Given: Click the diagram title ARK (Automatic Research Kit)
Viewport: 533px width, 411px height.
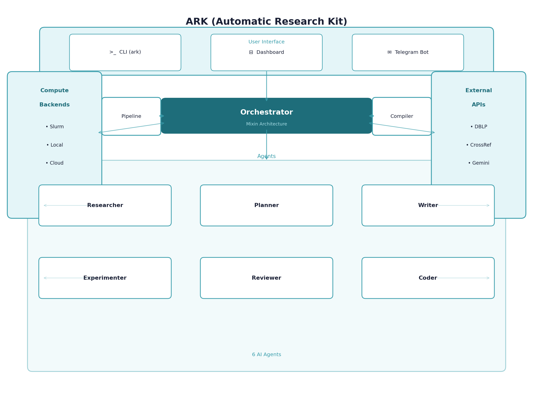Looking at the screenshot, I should [266, 22].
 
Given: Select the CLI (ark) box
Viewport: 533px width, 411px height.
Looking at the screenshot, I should [125, 52].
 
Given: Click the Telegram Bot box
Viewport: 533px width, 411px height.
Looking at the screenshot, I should [407, 52].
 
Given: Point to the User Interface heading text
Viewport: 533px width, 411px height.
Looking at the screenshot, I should [266, 42].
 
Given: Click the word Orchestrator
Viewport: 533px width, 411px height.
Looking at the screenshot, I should [266, 112].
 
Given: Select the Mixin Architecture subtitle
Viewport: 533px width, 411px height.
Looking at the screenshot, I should [266, 124].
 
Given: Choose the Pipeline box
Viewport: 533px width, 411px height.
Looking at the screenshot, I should [131, 116].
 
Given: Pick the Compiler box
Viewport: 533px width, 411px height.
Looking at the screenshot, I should [401, 116].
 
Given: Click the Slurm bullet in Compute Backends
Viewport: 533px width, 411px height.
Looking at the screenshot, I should [55, 127].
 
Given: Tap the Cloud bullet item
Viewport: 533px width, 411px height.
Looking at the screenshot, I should [55, 163].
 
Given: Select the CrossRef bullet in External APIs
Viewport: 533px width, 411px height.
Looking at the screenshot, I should [478, 145].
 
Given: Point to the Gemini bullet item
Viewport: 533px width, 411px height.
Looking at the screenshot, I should [478, 163].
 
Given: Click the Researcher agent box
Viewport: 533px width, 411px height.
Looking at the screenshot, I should [105, 205].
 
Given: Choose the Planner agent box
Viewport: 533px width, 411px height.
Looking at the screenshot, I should [266, 205].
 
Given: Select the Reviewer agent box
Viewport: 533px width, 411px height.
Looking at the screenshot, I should [266, 278].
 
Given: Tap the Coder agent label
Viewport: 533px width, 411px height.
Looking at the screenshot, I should [428, 278].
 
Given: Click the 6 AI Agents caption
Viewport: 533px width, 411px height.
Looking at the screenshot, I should [266, 355].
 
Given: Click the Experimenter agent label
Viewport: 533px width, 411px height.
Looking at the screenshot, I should [105, 278].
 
